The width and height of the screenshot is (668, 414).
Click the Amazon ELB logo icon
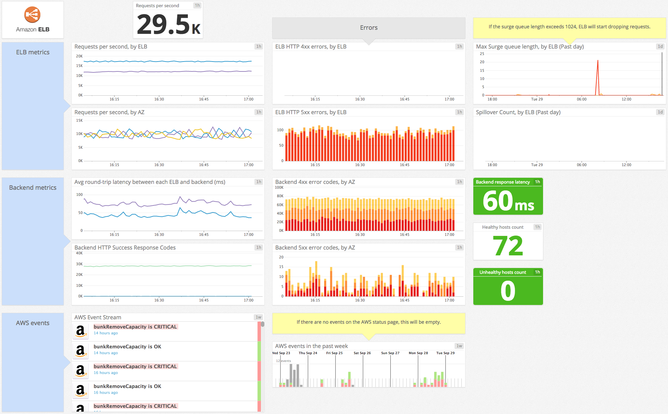32,15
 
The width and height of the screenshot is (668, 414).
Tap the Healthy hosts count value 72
508,246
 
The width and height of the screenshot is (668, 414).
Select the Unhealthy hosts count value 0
508,291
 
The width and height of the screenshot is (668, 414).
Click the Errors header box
368,28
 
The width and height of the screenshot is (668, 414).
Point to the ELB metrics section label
33,52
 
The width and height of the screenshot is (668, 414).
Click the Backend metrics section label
33,188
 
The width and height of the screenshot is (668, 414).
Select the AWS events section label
33,323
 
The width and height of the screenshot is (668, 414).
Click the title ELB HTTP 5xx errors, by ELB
311,112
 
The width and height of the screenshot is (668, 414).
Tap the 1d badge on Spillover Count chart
660,112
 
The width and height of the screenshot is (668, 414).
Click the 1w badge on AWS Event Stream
259,317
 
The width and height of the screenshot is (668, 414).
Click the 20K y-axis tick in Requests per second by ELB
79,56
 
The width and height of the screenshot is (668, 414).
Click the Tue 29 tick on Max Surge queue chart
537,99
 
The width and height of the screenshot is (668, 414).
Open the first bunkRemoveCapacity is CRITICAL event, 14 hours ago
135,327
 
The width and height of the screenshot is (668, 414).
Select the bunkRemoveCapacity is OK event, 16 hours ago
127,386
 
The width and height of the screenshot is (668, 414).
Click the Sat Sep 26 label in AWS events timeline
362,353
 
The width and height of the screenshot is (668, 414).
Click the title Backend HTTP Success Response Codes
125,248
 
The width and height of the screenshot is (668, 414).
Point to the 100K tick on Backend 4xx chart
279,187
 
